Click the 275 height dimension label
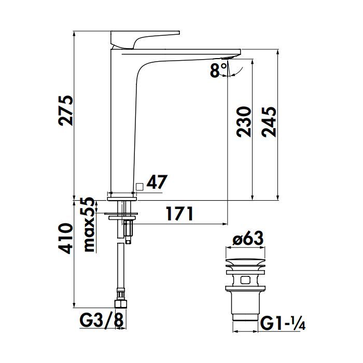pos(66,111)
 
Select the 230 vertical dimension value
pos(244,121)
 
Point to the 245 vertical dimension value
pos(270,121)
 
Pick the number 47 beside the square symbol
pos(158,183)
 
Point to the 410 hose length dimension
pos(66,239)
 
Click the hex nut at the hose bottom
pos(121,304)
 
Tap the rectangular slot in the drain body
pos(247,280)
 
